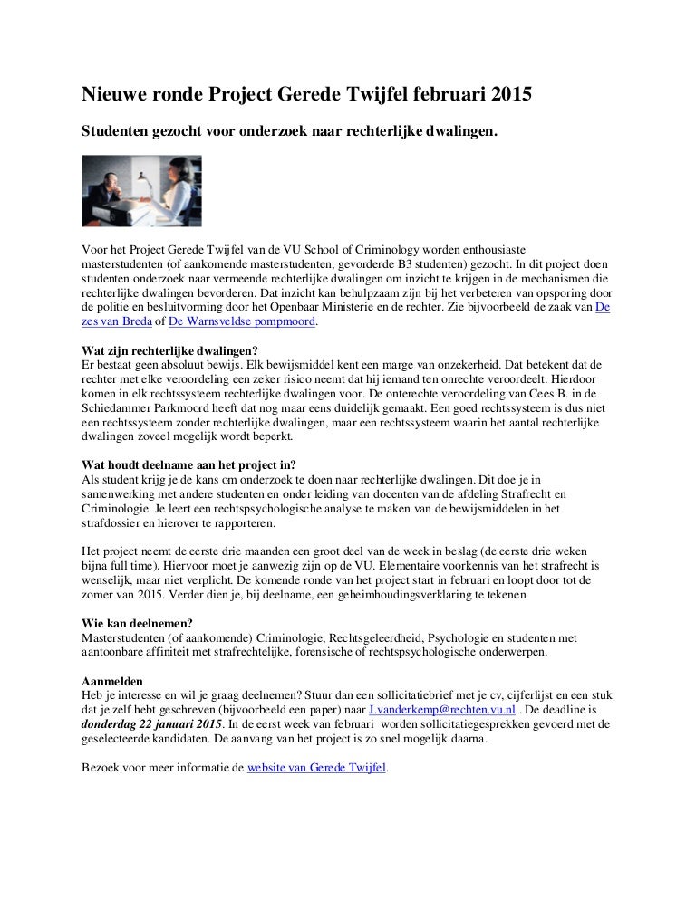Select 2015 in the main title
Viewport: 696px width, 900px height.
(x=507, y=93)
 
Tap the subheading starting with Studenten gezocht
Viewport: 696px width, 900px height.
(x=290, y=131)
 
